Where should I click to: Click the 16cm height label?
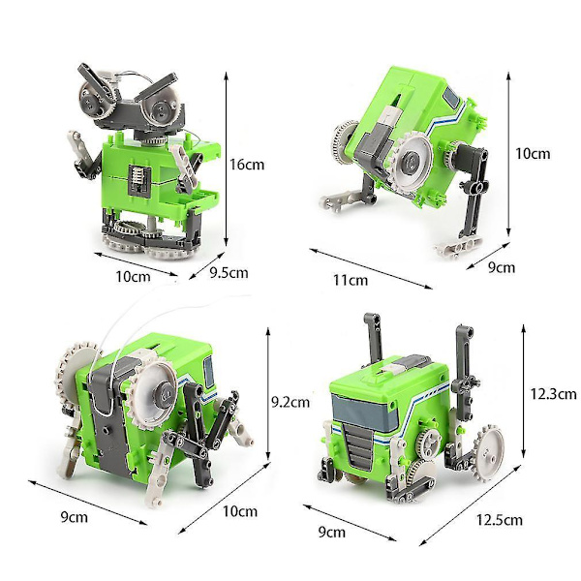(x=247, y=165)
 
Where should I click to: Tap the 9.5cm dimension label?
(x=229, y=273)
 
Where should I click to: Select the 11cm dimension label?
(x=351, y=280)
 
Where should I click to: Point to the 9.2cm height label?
(x=290, y=402)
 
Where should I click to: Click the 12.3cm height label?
(x=554, y=393)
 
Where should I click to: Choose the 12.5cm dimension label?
(x=499, y=520)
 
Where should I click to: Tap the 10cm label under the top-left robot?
(x=133, y=276)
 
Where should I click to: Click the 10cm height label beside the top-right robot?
(x=533, y=153)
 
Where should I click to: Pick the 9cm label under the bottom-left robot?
(x=75, y=517)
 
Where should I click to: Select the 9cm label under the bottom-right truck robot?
(x=331, y=532)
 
